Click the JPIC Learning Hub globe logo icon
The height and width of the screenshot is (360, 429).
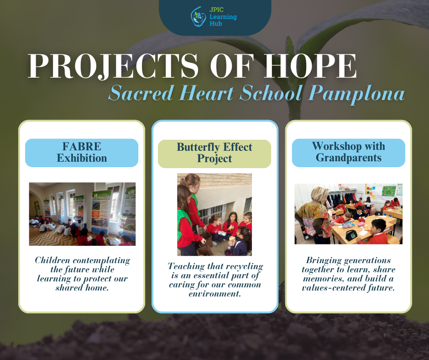198,17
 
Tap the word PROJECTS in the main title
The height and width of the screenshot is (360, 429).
113,66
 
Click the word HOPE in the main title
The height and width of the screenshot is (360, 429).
310,66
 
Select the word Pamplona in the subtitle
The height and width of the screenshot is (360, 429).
356,94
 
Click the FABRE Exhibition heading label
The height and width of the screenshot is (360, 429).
82,153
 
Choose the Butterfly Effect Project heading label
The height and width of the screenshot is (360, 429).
214,154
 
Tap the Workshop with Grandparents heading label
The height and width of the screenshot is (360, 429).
349,153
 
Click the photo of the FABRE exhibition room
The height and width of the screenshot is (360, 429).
82,214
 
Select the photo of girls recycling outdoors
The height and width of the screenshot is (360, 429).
214,215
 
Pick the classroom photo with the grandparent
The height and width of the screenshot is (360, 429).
348,214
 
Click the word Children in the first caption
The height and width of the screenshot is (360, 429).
52,260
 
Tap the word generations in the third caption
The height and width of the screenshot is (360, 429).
366,260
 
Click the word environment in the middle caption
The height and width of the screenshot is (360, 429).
215,294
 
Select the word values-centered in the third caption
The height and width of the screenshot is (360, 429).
333,288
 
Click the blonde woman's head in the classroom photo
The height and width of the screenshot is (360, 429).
319,194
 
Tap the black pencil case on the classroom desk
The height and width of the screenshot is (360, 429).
351,235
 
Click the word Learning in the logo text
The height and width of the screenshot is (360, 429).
223,17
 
